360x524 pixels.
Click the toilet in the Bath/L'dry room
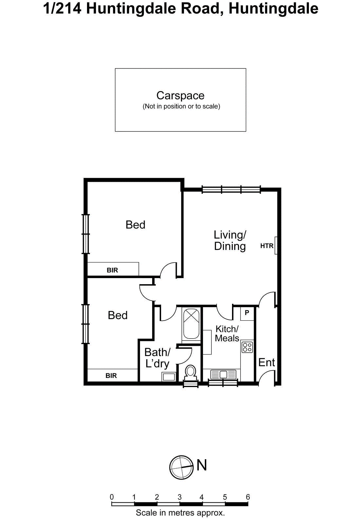pos(190,372)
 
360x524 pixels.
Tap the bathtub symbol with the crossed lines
pos(191,324)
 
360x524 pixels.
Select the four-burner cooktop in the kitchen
pos(247,347)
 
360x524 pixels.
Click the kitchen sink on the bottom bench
pos(223,374)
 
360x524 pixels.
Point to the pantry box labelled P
pos(247,313)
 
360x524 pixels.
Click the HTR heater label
pos(267,246)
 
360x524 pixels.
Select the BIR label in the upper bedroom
pos(112,270)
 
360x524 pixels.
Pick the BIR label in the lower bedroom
pos(111,376)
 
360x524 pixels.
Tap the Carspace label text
pos(180,95)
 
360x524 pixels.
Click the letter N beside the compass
pos(202,465)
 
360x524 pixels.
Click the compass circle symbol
pos(181,467)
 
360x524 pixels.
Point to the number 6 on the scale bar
pos(248,497)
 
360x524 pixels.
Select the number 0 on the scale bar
pos(112,497)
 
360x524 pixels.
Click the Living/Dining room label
pos(230,240)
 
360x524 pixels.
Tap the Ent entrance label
pos(266,362)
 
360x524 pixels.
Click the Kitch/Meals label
pos(227,333)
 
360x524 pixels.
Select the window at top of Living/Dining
pos(231,189)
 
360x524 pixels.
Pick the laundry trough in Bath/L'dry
pos(169,377)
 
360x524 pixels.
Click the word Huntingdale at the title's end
pos(273,9)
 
